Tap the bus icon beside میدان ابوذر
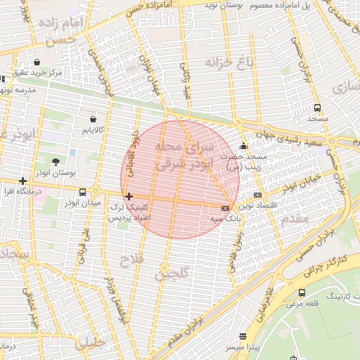83,192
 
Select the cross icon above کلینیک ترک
128,196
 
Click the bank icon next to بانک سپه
225,208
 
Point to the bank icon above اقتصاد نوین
258,195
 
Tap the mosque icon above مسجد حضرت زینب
243,146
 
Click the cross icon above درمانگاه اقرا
23,181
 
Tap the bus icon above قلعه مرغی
302,292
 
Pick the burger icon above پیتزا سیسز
243,337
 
